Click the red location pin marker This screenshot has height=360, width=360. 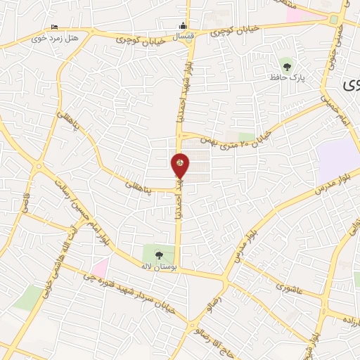[180, 166]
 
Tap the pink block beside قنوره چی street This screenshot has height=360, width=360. [100, 267]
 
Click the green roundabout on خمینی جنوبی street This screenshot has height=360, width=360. [335, 20]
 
